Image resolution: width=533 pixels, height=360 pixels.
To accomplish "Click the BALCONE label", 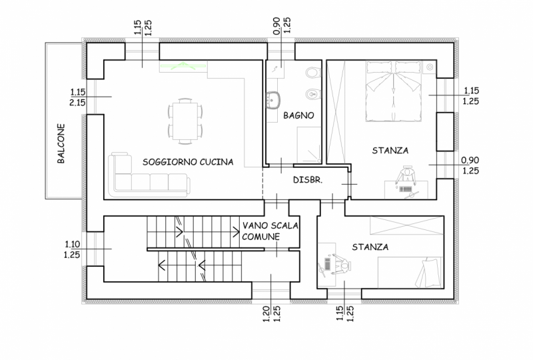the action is click(x=61, y=143).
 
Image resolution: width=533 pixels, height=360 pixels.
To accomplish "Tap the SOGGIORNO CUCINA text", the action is click(x=188, y=162).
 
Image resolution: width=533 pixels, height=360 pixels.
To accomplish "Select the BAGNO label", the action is click(x=298, y=115).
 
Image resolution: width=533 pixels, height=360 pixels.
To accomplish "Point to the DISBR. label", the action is click(x=308, y=179).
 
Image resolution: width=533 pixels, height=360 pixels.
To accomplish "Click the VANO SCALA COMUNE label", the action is click(x=270, y=231).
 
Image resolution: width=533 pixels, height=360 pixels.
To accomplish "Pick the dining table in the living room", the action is click(x=185, y=121).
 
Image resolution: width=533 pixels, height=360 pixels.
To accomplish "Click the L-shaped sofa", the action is click(x=149, y=175).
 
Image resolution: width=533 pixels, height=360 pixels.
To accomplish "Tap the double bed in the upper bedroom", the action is click(x=394, y=91).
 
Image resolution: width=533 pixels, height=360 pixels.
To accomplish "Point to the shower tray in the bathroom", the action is click(x=309, y=145).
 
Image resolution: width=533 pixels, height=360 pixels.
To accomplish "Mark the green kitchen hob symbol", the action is click(x=183, y=66).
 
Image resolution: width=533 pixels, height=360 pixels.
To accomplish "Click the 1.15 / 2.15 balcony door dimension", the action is click(x=78, y=97).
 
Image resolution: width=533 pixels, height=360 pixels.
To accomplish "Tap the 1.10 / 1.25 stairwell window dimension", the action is click(x=72, y=249).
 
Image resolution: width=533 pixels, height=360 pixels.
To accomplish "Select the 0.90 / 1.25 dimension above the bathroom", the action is click(x=282, y=25).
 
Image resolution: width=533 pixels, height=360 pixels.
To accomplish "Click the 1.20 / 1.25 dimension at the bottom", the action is click(x=272, y=314).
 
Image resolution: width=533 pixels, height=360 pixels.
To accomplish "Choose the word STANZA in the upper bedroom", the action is click(x=390, y=151).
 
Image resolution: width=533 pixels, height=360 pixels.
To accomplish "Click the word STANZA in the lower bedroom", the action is click(x=370, y=247).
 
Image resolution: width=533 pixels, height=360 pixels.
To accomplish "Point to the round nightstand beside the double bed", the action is click(x=430, y=67).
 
